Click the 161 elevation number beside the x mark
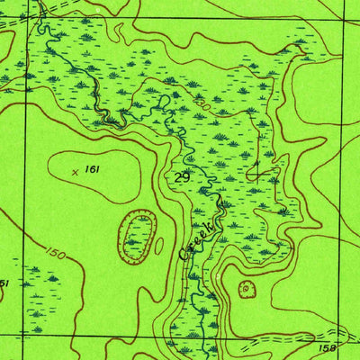pos(92,169)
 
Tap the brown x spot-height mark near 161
pos(75,168)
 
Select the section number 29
pos(183,177)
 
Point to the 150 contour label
pos(54,257)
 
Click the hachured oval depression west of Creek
pos(136,238)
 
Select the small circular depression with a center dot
pos(246,289)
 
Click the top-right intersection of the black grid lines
pos(345,22)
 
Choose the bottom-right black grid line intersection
pos(345,334)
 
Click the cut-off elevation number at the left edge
pos(4,283)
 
